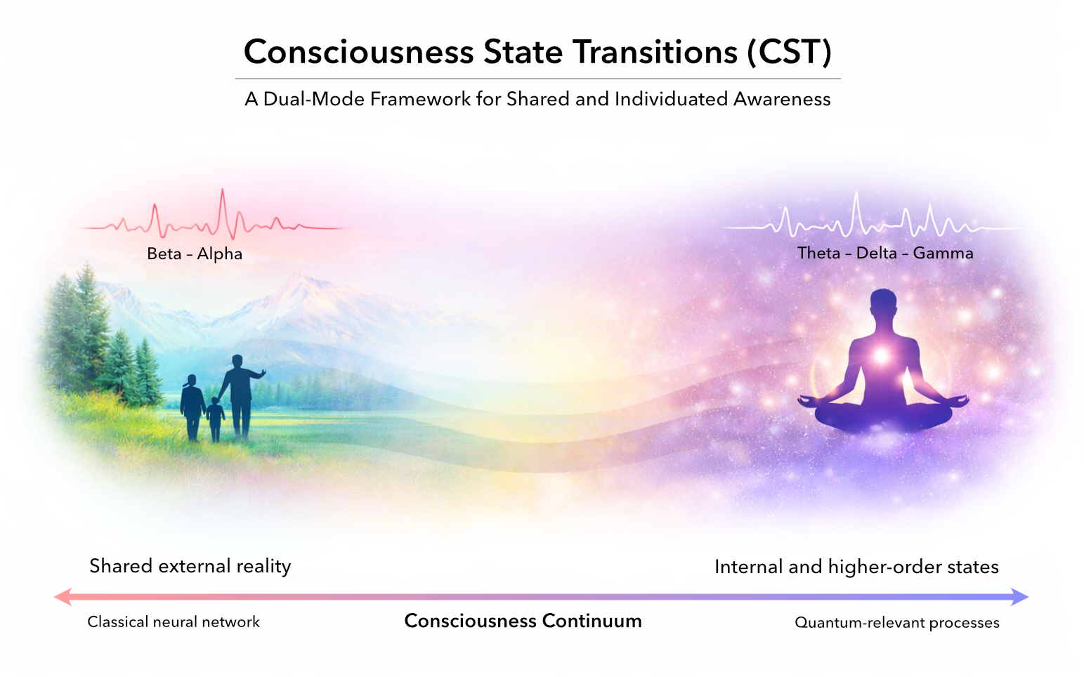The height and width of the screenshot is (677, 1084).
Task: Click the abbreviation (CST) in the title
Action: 789,52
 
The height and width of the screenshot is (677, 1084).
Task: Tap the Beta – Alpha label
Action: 195,254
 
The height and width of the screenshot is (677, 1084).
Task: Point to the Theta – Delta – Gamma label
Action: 885,253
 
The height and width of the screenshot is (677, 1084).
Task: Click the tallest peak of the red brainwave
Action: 223,190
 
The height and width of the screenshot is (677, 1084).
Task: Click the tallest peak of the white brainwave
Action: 856,194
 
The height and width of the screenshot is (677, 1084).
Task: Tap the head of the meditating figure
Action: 883,303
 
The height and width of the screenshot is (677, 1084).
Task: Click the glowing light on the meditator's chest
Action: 882,356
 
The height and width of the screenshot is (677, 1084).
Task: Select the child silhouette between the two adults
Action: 215,419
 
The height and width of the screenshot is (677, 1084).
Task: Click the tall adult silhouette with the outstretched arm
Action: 240,397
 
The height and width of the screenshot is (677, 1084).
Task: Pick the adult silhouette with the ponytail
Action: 192,407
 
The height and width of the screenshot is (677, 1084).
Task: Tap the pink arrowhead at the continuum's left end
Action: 63,597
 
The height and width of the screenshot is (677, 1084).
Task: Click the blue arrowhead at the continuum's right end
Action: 1020,597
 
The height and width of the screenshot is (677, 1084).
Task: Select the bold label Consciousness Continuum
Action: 523,621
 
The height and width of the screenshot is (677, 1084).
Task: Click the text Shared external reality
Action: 190,566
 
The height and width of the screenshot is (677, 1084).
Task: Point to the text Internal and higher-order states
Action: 856,567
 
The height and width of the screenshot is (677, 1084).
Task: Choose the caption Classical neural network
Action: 174,622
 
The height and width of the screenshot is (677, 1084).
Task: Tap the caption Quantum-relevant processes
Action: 896,623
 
